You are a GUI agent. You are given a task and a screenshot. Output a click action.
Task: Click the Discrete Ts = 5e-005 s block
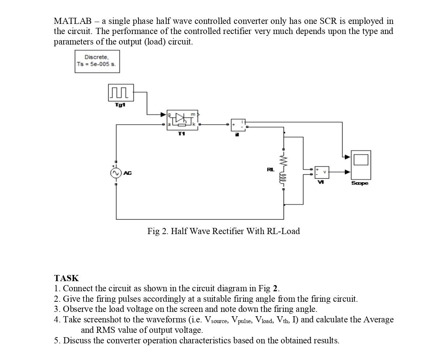[x=97, y=61]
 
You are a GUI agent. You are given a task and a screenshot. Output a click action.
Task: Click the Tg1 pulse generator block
[x=121, y=93]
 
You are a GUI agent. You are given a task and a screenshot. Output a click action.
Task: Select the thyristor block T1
[x=182, y=120]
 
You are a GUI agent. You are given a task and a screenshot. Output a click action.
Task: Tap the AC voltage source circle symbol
[x=116, y=173]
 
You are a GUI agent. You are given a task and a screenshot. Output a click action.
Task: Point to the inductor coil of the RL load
[x=283, y=179]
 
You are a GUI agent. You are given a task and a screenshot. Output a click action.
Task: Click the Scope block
[x=360, y=165]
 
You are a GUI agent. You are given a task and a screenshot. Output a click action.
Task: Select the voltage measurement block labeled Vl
[x=321, y=172]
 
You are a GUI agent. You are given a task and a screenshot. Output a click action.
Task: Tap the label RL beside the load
[x=270, y=169]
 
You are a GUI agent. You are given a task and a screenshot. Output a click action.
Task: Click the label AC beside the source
[x=128, y=173]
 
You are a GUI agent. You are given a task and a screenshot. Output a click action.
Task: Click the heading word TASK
[x=66, y=278]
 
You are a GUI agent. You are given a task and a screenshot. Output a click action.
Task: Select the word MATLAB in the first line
[x=73, y=21]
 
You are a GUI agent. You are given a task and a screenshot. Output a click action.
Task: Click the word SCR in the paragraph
[x=328, y=21]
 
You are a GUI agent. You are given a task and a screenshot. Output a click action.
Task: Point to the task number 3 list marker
[x=56, y=309]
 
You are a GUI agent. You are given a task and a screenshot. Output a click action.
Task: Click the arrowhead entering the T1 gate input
[x=163, y=114]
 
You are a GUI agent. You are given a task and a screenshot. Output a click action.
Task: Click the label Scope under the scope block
[x=360, y=183]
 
